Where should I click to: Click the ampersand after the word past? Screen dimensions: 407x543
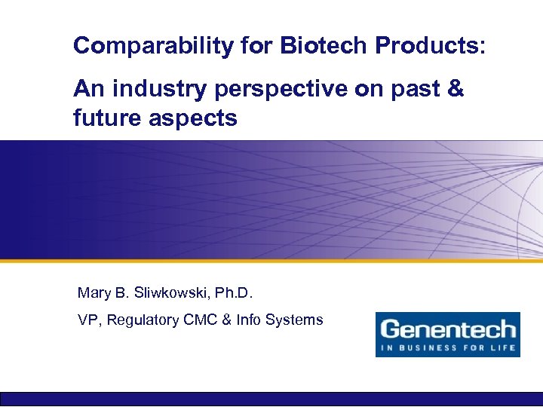tap(456, 90)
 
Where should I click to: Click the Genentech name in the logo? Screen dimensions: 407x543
tap(447, 329)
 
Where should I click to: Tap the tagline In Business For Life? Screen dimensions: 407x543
tap(447, 347)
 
